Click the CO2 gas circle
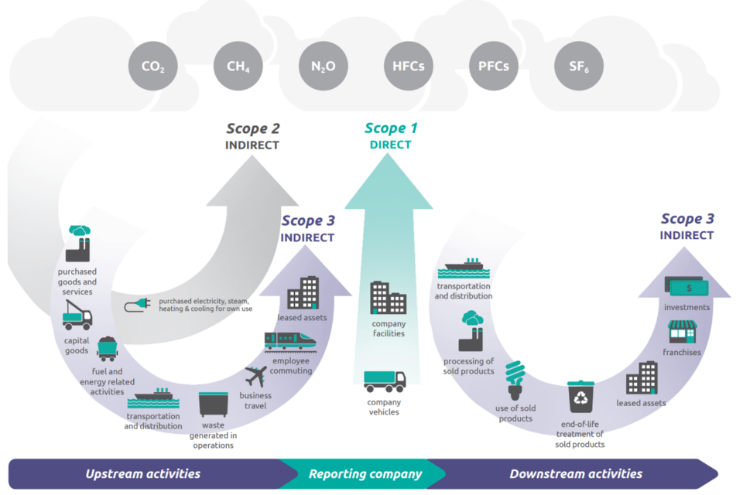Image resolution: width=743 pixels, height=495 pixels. [153, 66]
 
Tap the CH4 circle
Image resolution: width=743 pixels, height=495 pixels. [238, 66]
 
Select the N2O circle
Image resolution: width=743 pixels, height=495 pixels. [324, 66]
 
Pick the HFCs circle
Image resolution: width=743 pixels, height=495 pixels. [409, 66]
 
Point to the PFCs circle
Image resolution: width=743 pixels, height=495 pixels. [494, 66]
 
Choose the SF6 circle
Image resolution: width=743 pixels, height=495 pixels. [579, 66]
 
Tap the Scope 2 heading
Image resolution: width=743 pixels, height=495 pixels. [253, 129]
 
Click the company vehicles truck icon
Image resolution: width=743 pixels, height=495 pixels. [385, 381]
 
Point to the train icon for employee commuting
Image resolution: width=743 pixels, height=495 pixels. [290, 341]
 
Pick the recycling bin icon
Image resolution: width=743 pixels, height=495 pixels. [580, 397]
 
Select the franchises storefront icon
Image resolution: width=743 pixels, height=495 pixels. [683, 332]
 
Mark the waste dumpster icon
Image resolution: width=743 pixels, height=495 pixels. [213, 405]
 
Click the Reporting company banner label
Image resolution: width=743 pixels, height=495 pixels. [365, 474]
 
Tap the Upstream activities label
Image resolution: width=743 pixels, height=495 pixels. [143, 474]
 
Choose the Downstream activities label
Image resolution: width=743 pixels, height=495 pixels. [576, 474]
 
